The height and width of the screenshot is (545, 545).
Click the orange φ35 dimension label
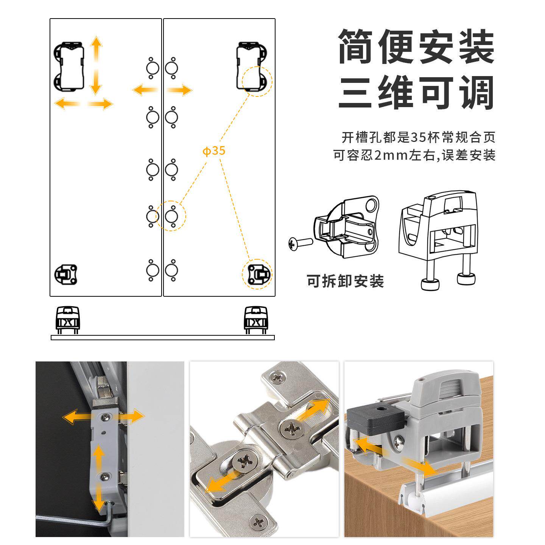point(214,151)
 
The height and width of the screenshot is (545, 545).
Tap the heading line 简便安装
point(416,46)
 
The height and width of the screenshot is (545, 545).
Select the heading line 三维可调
point(416,92)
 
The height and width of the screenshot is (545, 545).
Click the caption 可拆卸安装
point(345,281)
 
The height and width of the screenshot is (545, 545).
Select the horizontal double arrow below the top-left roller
point(84,103)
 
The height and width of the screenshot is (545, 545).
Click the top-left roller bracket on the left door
point(69,67)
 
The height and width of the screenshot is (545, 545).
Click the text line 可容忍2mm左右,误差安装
point(414,155)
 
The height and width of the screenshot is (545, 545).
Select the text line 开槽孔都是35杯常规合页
point(418,137)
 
